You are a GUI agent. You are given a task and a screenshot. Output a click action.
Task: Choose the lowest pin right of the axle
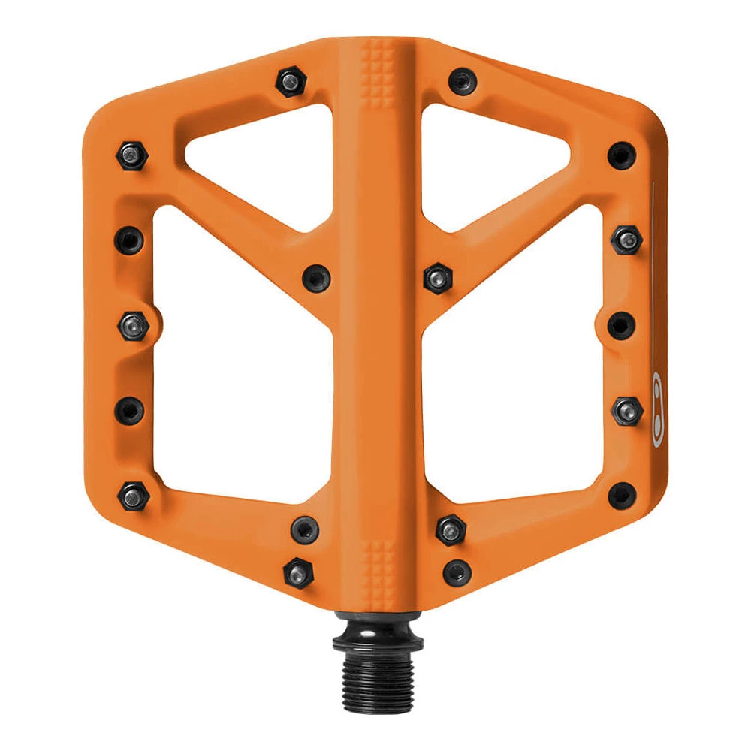(458, 572)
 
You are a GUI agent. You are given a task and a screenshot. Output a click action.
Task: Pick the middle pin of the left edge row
(132, 325)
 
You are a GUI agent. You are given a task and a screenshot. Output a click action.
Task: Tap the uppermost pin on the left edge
(129, 155)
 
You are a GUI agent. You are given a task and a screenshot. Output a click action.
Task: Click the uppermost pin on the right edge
(622, 155)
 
